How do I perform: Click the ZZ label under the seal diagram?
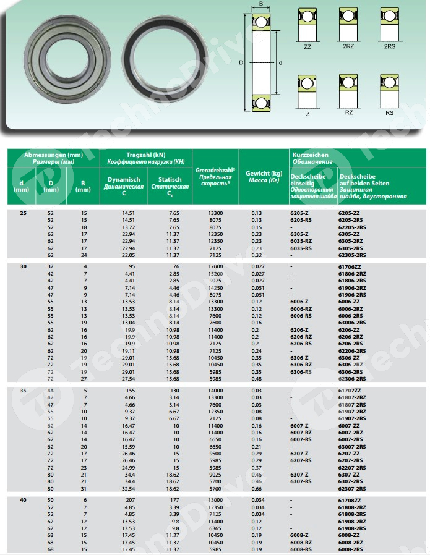point(307,47)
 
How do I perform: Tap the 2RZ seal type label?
point(348,47)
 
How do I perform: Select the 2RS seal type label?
point(389,47)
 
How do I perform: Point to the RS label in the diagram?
point(389,113)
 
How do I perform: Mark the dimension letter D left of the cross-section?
point(241,62)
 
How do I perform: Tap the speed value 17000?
point(216,266)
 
